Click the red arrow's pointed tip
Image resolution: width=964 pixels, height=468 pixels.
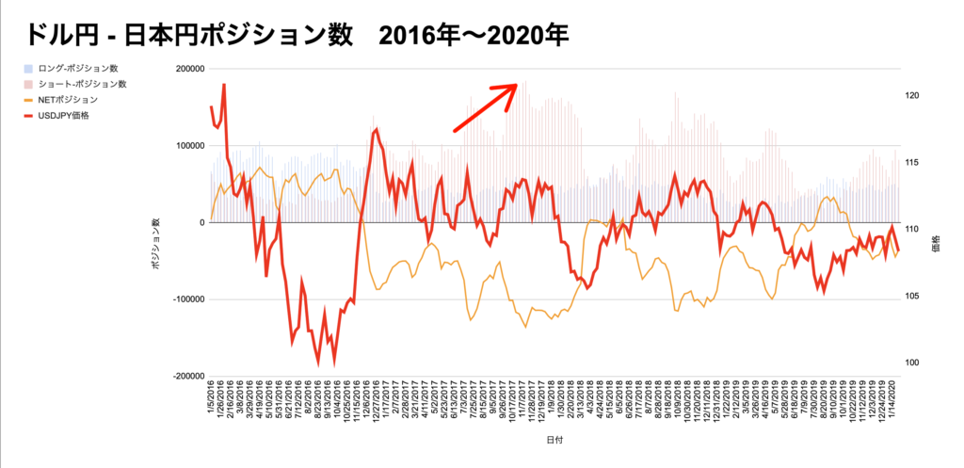pos(518,85)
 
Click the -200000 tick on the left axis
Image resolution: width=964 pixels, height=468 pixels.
pos(188,376)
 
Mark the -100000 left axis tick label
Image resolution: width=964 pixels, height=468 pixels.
pos(188,299)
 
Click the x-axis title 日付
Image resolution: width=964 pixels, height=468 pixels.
pos(555,440)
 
